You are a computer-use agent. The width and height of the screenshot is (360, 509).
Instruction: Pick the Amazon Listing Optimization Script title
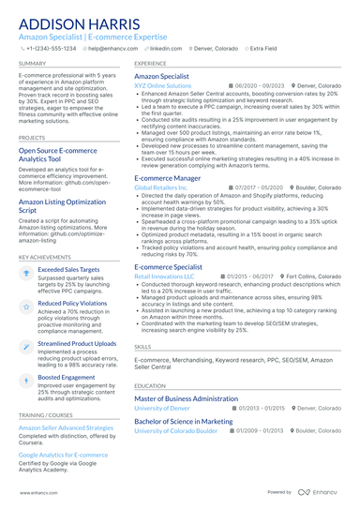tap(63, 204)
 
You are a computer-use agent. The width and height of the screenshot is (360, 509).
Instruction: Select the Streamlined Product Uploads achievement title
tap(77, 344)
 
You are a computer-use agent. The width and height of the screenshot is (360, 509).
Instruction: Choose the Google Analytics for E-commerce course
tap(63, 454)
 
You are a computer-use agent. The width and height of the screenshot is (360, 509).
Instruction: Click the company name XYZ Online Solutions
tap(162, 85)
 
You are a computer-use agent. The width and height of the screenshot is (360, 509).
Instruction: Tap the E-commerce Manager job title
tap(167, 177)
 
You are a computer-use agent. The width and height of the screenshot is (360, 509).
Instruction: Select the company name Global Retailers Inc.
tap(161, 187)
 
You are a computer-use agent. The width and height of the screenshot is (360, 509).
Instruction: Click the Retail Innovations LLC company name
tap(164, 277)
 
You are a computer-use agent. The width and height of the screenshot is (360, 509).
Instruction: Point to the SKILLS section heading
tap(142, 346)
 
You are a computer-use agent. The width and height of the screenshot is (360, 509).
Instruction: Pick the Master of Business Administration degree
tap(187, 398)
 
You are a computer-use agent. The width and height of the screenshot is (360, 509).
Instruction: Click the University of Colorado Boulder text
tap(175, 430)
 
